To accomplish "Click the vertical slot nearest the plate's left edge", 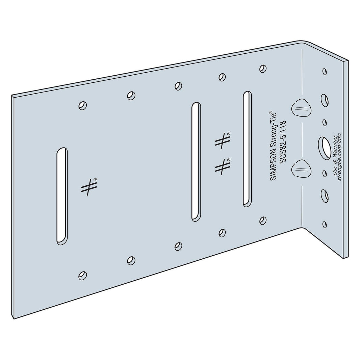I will (61, 196).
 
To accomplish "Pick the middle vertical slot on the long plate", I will (196, 162).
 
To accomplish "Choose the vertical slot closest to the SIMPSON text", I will (247, 149).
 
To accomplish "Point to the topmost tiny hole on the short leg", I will (325, 72).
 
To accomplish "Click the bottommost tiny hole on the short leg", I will (325, 224).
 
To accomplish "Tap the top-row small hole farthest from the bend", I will (82, 106).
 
